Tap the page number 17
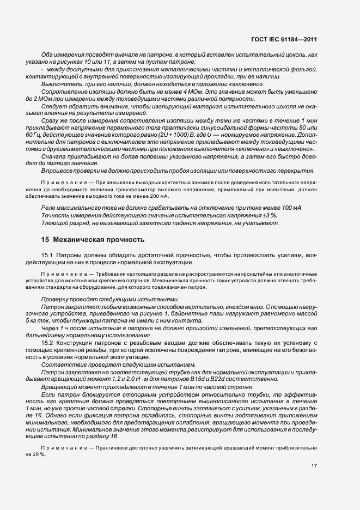(314, 466)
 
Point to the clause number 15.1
(47, 255)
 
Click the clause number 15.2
(47, 342)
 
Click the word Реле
(50, 208)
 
